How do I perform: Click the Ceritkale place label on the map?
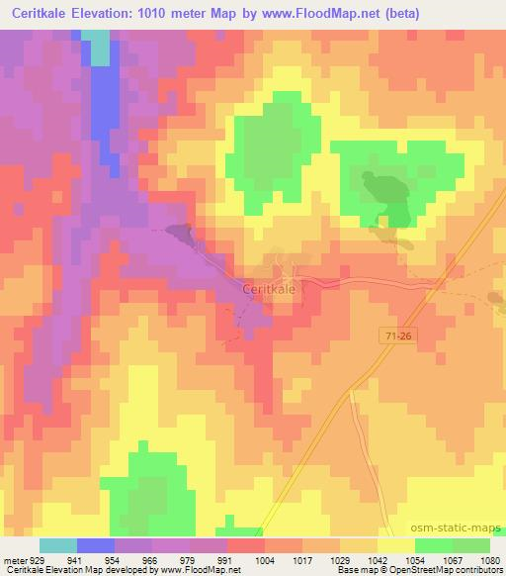coord(269,288)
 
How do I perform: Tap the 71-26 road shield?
coord(398,337)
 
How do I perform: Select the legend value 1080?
coord(490,562)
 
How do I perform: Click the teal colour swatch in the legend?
coord(58,545)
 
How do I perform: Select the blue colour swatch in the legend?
coord(96,545)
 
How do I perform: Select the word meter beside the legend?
coord(14,562)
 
